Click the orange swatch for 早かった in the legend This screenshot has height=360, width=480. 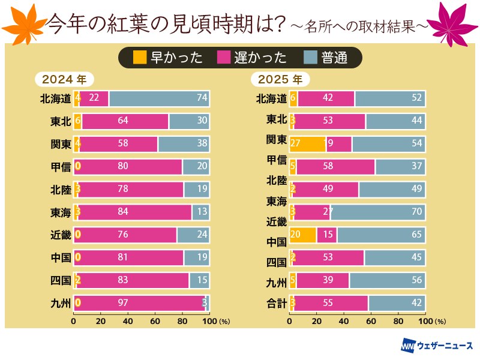(x=140, y=58)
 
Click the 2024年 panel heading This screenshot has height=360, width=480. (x=64, y=79)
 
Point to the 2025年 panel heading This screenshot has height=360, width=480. (x=280, y=79)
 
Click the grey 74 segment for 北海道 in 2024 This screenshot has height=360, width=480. (x=159, y=98)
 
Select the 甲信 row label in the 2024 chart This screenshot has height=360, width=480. (x=61, y=167)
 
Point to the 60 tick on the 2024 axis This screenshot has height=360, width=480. (x=155, y=321)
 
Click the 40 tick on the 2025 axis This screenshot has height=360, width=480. (x=344, y=321)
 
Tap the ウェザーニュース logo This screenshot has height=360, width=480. (x=437, y=346)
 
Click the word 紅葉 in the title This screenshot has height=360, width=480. (x=124, y=24)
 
